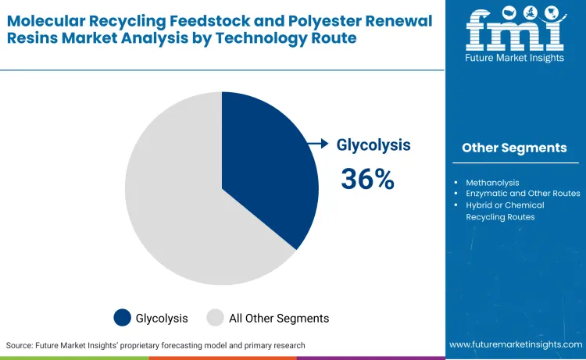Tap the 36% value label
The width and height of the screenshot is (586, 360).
tap(367, 179)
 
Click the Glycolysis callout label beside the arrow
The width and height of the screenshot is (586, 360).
tap(373, 144)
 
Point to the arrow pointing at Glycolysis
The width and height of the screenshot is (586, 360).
tap(317, 143)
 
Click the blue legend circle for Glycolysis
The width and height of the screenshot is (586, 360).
tap(123, 318)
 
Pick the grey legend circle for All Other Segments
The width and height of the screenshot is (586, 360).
tap(215, 318)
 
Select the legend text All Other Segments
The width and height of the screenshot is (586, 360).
tap(278, 318)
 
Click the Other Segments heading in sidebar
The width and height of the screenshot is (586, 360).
tap(514, 148)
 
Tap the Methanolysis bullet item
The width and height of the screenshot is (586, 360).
tap(492, 183)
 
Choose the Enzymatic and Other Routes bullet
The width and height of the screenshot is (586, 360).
tap(523, 194)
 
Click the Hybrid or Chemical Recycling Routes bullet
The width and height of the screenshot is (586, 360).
tap(505, 211)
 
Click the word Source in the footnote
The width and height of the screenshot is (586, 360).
tap(20, 345)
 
